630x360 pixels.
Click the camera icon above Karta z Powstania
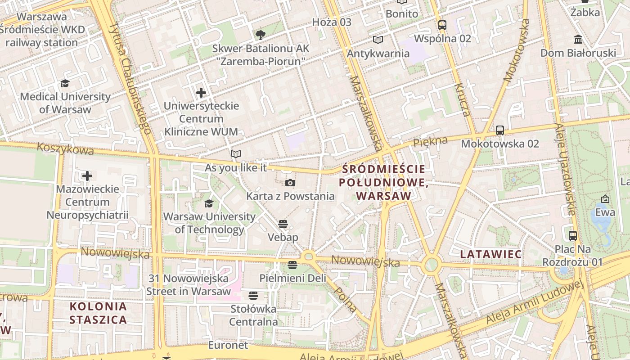click(290, 183)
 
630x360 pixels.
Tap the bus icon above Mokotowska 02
click(499, 130)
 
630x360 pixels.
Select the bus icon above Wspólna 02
click(442, 25)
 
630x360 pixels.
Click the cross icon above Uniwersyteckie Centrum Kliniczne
click(201, 93)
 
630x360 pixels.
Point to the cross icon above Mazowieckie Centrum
click(87, 175)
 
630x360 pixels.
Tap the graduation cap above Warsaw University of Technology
click(209, 204)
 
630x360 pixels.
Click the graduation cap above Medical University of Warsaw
click(65, 84)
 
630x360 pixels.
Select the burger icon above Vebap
click(283, 224)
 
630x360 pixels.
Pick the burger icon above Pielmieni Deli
click(292, 265)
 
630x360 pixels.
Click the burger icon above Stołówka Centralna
click(253, 296)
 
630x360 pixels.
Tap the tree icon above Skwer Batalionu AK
click(260, 35)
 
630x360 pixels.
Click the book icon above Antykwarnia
click(378, 40)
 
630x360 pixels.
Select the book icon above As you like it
click(236, 154)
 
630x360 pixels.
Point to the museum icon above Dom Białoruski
click(578, 40)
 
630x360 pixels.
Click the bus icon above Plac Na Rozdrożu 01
click(573, 235)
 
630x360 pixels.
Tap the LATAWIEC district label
click(490, 254)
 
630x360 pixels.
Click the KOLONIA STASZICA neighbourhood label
click(98, 313)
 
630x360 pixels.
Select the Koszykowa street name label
click(66, 148)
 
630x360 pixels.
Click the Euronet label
click(228, 345)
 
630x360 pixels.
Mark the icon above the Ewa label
click(605, 199)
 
